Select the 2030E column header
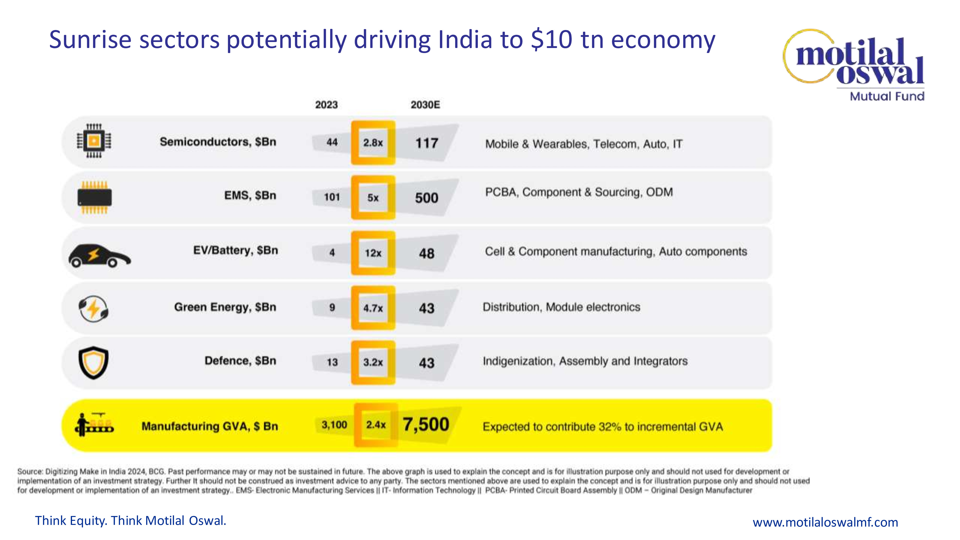click(425, 105)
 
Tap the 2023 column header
click(326, 105)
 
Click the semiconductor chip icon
click(94, 141)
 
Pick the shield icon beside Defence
click(94, 362)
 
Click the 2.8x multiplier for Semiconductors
click(373, 143)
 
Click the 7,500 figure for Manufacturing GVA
click(426, 425)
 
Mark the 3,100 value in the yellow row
click(334, 425)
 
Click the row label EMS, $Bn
click(250, 196)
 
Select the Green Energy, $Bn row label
click(225, 307)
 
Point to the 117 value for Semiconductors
click(427, 143)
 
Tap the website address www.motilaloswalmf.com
click(825, 522)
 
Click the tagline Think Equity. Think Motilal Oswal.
click(130, 521)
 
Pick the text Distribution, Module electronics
click(561, 307)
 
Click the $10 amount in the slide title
click(552, 40)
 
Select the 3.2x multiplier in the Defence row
click(373, 362)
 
